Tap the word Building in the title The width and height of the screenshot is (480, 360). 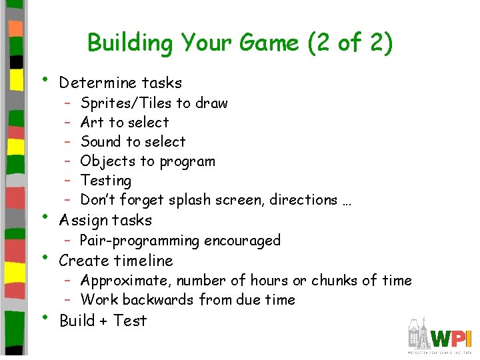pos(127,43)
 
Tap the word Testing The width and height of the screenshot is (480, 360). pos(106,181)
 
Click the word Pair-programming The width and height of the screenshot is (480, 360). pos(139,241)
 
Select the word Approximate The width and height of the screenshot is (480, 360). pos(126,281)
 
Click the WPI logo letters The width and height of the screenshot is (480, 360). pos(450,337)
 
